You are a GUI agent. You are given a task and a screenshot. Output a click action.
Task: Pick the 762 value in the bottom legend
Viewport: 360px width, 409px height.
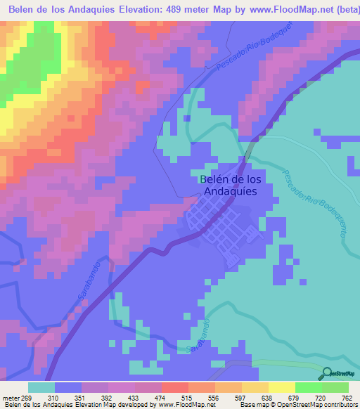tap(347, 397)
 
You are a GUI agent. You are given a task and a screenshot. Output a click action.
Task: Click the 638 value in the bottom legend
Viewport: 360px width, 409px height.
tap(268, 397)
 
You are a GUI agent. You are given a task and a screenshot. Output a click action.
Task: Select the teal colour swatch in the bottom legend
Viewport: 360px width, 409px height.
tap(42, 387)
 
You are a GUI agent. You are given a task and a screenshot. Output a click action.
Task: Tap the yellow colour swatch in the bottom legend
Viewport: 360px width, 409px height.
tap(281, 387)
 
